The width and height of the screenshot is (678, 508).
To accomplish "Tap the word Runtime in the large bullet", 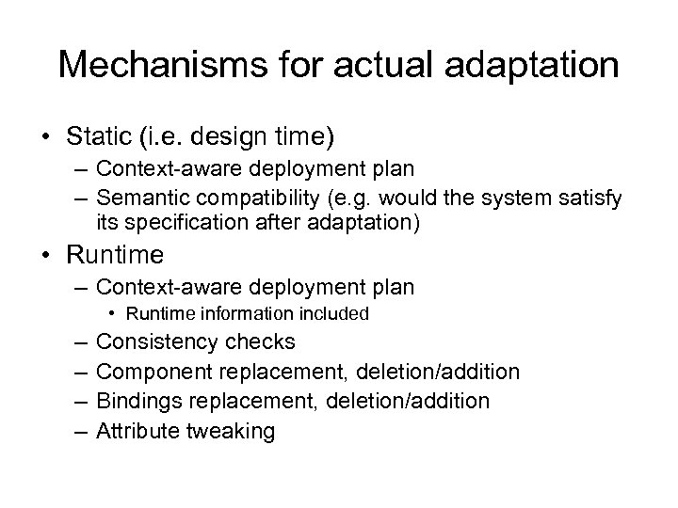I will click(x=111, y=255).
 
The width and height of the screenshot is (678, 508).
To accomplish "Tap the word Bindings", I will click(x=139, y=401).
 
